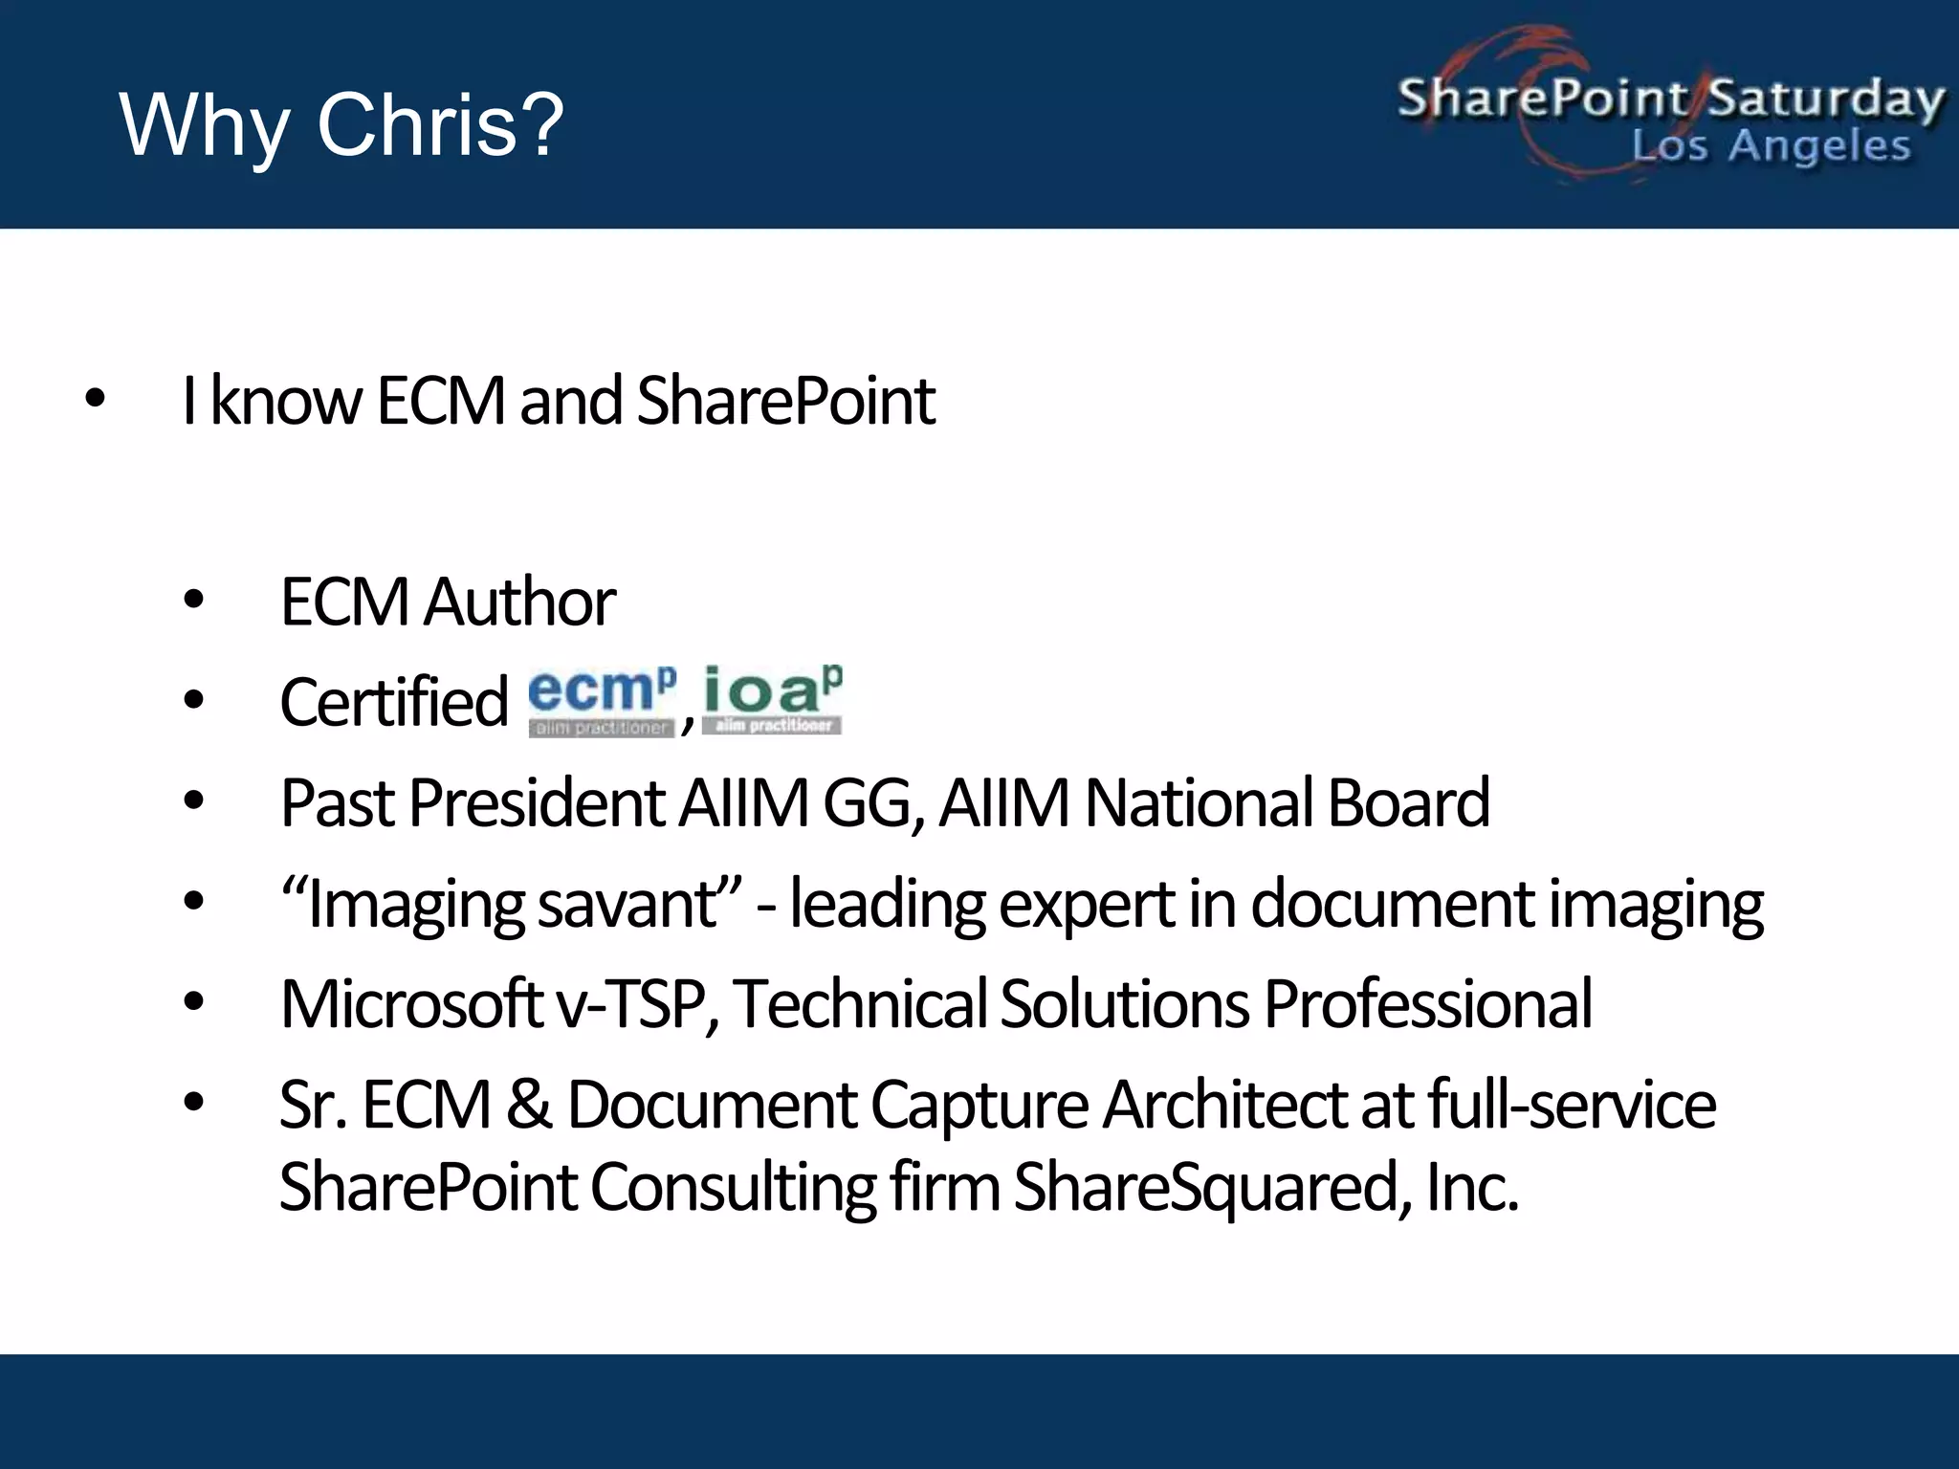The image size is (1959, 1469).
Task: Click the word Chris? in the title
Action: click(440, 124)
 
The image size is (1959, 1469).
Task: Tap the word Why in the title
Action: click(204, 126)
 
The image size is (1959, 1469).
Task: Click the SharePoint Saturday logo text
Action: click(1670, 99)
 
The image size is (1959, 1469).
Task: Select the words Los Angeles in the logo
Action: click(1771, 146)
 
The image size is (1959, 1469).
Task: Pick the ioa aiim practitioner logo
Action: click(772, 699)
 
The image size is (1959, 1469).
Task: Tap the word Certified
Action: click(393, 702)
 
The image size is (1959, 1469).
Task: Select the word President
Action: click(537, 802)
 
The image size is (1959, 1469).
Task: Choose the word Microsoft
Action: click(411, 1004)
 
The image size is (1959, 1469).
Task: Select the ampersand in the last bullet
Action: click(528, 1105)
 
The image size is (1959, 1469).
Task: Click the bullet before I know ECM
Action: click(95, 399)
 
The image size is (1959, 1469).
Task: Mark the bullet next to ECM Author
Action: click(194, 601)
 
